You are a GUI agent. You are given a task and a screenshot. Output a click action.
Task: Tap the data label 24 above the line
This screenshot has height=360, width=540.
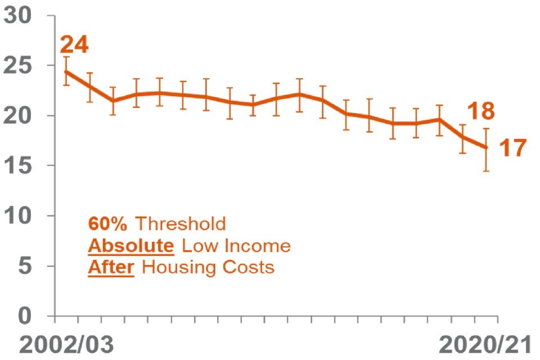(x=74, y=45)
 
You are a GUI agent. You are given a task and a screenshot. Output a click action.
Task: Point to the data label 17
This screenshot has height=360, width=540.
(x=512, y=148)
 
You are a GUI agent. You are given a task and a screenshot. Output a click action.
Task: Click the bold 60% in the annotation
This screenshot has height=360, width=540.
(x=108, y=224)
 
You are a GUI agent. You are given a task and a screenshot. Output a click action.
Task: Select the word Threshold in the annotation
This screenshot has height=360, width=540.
(x=181, y=224)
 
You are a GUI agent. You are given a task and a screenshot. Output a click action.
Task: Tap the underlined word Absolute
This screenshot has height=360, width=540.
(x=129, y=246)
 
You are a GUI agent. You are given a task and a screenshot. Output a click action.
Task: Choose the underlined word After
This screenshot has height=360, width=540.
(x=111, y=267)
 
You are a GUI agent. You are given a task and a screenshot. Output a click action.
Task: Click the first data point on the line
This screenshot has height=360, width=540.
(x=66, y=72)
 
